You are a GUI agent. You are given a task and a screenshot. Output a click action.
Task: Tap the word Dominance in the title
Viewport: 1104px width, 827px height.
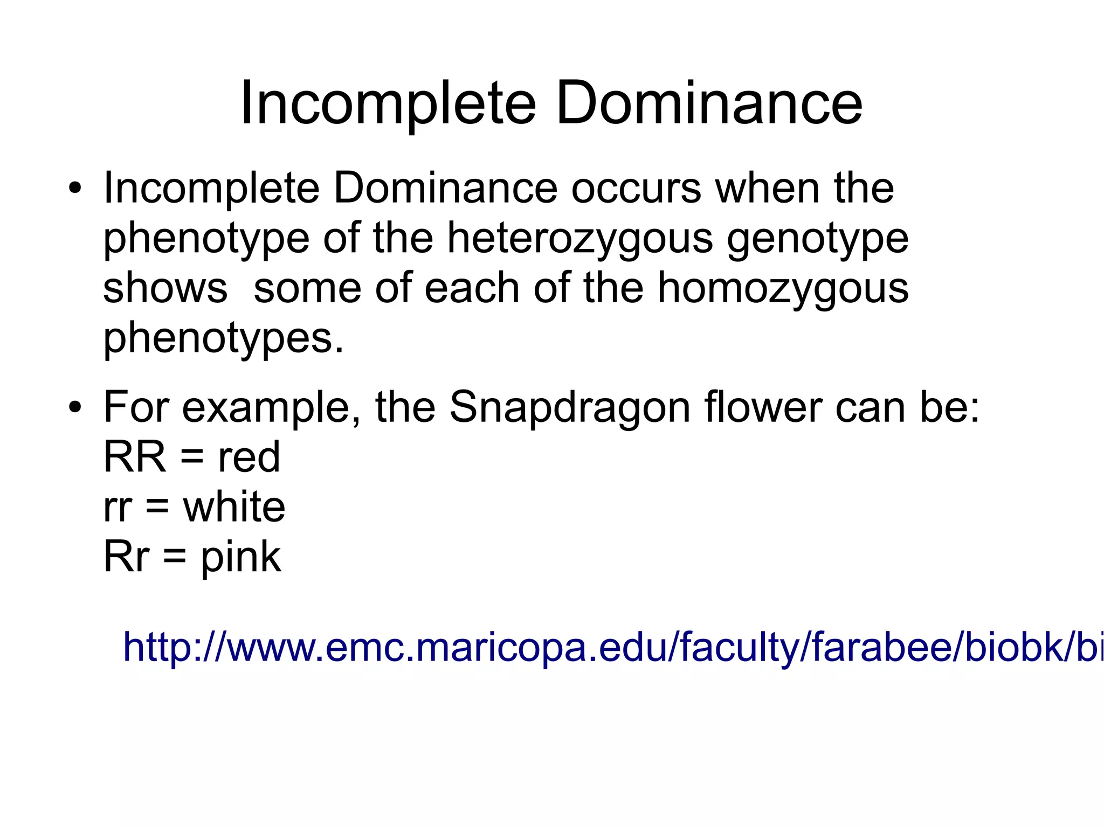pyautogui.click(x=709, y=102)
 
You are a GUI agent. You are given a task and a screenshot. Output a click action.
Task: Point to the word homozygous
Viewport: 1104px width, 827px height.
pyautogui.click(x=783, y=288)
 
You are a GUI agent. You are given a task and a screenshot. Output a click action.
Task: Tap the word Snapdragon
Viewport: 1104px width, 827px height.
pyautogui.click(x=569, y=407)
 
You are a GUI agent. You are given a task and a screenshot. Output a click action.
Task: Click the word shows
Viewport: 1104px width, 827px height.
pyautogui.click(x=165, y=288)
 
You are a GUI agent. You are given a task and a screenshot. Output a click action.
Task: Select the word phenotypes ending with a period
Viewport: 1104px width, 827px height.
pyautogui.click(x=223, y=338)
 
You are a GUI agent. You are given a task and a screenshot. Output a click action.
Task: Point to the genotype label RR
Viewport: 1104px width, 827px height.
pyautogui.click(x=134, y=457)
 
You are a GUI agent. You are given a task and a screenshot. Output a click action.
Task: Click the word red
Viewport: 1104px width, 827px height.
pyautogui.click(x=249, y=457)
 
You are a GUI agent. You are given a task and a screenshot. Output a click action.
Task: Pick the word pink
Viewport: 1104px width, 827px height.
pyautogui.click(x=240, y=557)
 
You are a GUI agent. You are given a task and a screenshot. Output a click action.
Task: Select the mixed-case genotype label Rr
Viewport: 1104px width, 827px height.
pyautogui.click(x=126, y=557)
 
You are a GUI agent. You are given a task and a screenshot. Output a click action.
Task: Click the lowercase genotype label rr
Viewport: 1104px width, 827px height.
pyautogui.click(x=117, y=508)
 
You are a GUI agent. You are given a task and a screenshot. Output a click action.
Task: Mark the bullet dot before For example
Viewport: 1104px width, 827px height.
pyautogui.click(x=75, y=407)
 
